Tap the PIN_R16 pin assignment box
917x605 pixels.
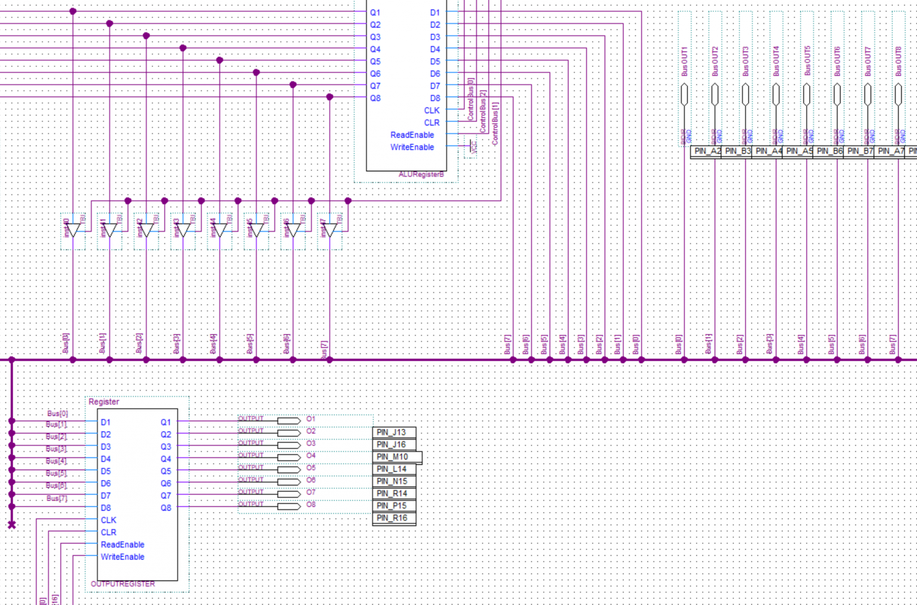393,518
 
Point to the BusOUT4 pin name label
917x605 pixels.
776,61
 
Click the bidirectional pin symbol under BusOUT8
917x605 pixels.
898,94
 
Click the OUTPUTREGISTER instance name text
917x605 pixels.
123,584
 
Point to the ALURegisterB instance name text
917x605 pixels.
421,174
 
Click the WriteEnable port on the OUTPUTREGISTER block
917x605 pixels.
122,557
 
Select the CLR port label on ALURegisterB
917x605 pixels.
432,122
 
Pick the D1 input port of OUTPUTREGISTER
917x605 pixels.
106,422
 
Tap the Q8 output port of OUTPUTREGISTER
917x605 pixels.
165,508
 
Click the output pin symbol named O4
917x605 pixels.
289,457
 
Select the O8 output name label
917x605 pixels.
311,505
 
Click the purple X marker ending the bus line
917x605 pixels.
11,524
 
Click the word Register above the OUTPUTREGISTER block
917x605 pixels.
104,402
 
